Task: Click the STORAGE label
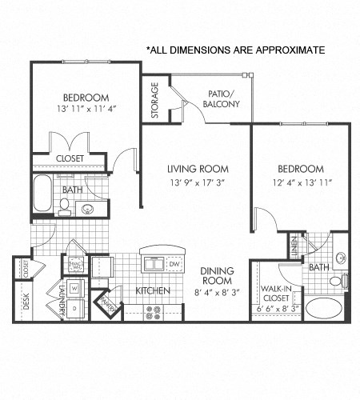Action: coord(155,100)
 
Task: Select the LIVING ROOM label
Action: coord(198,169)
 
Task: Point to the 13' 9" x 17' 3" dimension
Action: coord(198,183)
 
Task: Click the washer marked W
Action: coord(74,288)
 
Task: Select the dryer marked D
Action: coord(74,306)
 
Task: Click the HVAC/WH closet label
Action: coord(77,264)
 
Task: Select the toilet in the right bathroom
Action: coord(344,281)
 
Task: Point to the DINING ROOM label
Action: coord(217,276)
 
